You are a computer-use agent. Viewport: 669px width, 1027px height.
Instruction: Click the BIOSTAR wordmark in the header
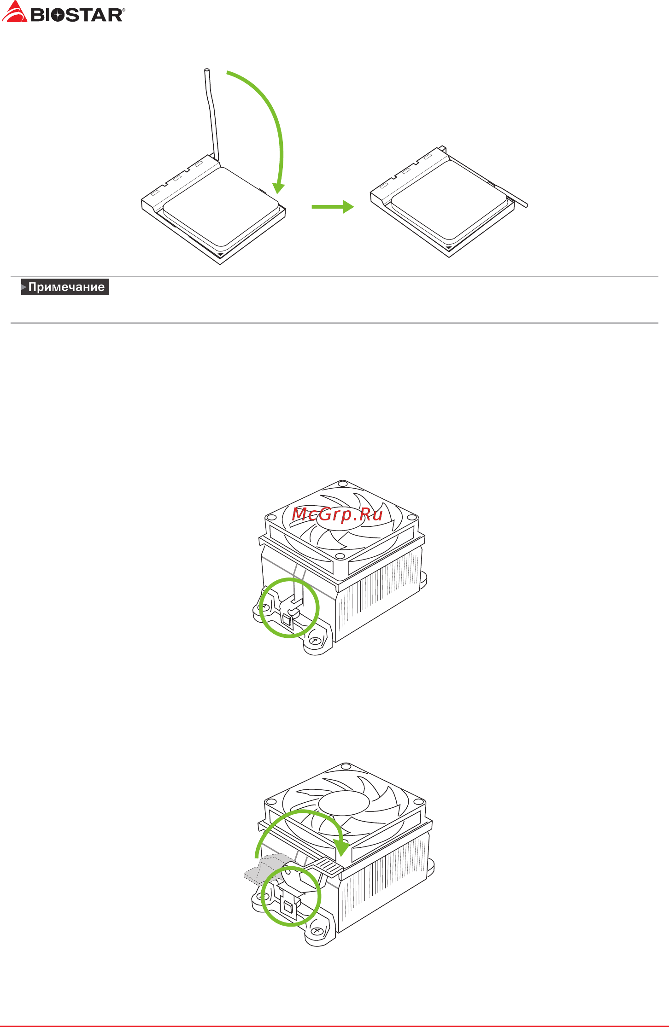pyautogui.click(x=77, y=15)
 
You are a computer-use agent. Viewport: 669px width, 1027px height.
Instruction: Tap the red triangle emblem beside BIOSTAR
pyautogui.click(x=14, y=12)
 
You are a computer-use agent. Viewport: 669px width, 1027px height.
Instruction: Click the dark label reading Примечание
pyautogui.click(x=65, y=287)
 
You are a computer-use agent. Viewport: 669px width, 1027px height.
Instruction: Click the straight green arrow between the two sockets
pyautogui.click(x=333, y=207)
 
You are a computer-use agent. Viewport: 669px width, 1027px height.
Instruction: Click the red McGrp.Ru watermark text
pyautogui.click(x=337, y=514)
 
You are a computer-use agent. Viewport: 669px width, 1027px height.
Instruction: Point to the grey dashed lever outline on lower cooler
pyautogui.click(x=265, y=869)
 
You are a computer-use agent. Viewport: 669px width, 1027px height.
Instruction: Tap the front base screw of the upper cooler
pyautogui.click(x=316, y=641)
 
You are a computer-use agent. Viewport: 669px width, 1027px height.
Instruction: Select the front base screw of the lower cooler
pyautogui.click(x=318, y=930)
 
